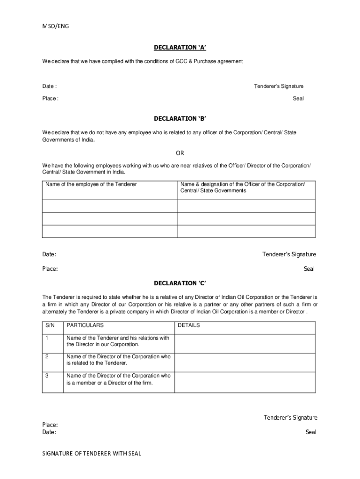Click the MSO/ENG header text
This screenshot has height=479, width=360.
tap(56, 26)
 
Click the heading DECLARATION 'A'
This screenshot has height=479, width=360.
tap(180, 48)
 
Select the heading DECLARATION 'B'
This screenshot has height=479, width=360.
tap(180, 118)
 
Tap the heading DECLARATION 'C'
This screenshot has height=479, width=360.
tap(180, 283)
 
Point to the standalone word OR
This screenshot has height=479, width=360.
tap(180, 153)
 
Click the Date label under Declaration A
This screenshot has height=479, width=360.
tap(50, 86)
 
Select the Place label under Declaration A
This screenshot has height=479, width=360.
tap(50, 99)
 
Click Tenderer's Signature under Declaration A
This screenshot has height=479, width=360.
tap(279, 86)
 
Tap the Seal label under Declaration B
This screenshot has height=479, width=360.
tap(309, 269)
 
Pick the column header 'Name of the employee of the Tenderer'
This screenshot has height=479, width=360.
tap(91, 184)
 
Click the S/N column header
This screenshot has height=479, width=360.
tap(50, 325)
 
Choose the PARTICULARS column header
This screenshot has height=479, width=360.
tap(85, 325)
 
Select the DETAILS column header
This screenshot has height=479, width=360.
tap(189, 325)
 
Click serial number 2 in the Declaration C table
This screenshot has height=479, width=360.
tap(47, 357)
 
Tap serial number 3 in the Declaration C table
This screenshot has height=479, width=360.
tap(47, 376)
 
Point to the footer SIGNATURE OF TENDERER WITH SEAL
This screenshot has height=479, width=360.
tap(92, 453)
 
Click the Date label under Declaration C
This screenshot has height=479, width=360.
tap(50, 432)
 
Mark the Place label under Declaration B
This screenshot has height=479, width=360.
tap(50, 269)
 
